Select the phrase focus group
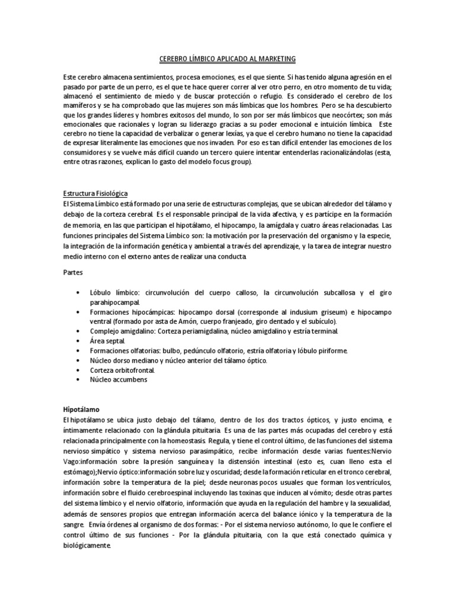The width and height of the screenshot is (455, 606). click(x=232, y=162)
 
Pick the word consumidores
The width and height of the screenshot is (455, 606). click(x=88, y=152)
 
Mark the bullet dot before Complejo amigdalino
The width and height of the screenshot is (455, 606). click(x=79, y=332)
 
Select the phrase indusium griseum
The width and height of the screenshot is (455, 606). click(x=328, y=313)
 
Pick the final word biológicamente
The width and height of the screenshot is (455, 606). click(x=86, y=545)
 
